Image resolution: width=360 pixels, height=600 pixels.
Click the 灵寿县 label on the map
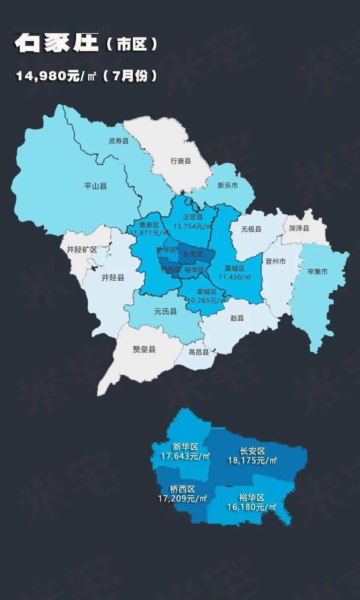[119, 141]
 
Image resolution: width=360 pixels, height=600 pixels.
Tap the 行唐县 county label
[181, 161]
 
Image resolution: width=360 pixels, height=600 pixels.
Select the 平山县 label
[96, 186]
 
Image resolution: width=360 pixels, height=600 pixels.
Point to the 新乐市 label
[228, 185]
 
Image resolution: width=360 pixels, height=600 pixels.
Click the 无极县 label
[251, 229]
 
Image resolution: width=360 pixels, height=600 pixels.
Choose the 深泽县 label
[299, 228]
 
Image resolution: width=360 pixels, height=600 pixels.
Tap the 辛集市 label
[318, 272]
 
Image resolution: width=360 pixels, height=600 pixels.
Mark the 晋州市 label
[276, 261]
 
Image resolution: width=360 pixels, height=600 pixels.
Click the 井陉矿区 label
[82, 250]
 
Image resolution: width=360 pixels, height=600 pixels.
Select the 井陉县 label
[113, 278]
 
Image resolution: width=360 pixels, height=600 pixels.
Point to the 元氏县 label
[166, 311]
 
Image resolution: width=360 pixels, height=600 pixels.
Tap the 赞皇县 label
[144, 349]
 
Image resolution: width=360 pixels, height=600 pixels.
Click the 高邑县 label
[199, 352]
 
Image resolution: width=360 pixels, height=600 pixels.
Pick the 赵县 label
[237, 318]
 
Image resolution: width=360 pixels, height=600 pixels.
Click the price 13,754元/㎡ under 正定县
[192, 226]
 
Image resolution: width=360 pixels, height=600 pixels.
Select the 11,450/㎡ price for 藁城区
[234, 277]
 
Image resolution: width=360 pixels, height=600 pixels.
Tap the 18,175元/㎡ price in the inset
[252, 460]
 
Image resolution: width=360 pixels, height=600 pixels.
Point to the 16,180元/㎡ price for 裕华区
[252, 507]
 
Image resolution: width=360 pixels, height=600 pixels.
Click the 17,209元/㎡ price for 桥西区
[182, 498]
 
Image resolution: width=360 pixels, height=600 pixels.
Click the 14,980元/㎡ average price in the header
[56, 76]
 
